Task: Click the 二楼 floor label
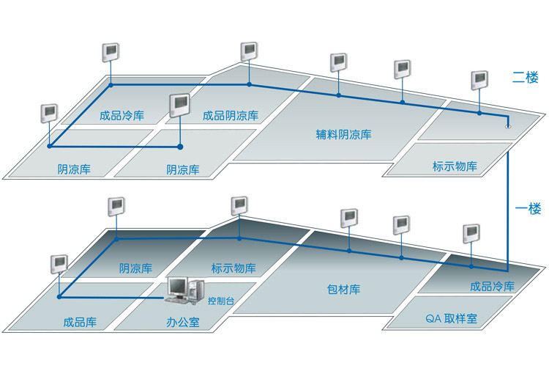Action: click(525, 78)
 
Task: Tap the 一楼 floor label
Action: click(528, 209)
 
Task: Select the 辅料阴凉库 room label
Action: click(343, 134)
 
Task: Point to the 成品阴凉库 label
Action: click(231, 115)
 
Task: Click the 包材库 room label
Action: click(343, 290)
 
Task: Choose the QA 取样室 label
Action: click(452, 318)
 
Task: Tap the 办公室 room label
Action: click(183, 322)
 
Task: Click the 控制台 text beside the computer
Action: click(221, 301)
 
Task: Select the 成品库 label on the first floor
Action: click(80, 322)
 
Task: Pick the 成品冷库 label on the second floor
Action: click(122, 115)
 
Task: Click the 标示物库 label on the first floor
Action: click(234, 268)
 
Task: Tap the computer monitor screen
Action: click(177, 287)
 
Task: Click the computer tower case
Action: click(195, 290)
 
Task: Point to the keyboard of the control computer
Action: click(177, 301)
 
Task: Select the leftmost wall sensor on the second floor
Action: click(49, 113)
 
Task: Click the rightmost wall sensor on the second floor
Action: click(479, 81)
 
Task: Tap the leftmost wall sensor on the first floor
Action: click(59, 264)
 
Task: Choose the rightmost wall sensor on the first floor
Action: click(471, 234)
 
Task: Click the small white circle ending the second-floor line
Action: click(508, 126)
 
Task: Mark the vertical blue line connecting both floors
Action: click(507, 211)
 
